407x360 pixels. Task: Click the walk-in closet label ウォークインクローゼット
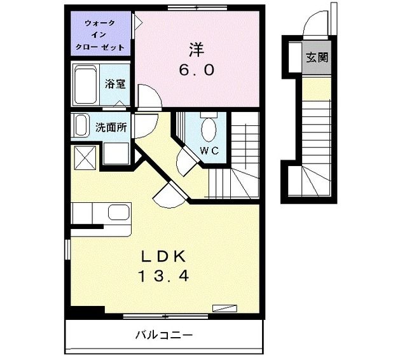(100, 36)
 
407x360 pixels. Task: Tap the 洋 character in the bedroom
(195, 48)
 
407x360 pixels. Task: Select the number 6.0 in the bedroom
(196, 70)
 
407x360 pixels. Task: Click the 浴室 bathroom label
(114, 84)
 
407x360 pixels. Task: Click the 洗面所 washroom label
(111, 127)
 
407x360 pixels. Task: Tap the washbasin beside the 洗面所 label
(81, 125)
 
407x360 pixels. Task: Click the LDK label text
(163, 256)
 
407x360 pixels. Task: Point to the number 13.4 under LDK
(163, 277)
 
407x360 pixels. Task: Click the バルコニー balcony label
(163, 335)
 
